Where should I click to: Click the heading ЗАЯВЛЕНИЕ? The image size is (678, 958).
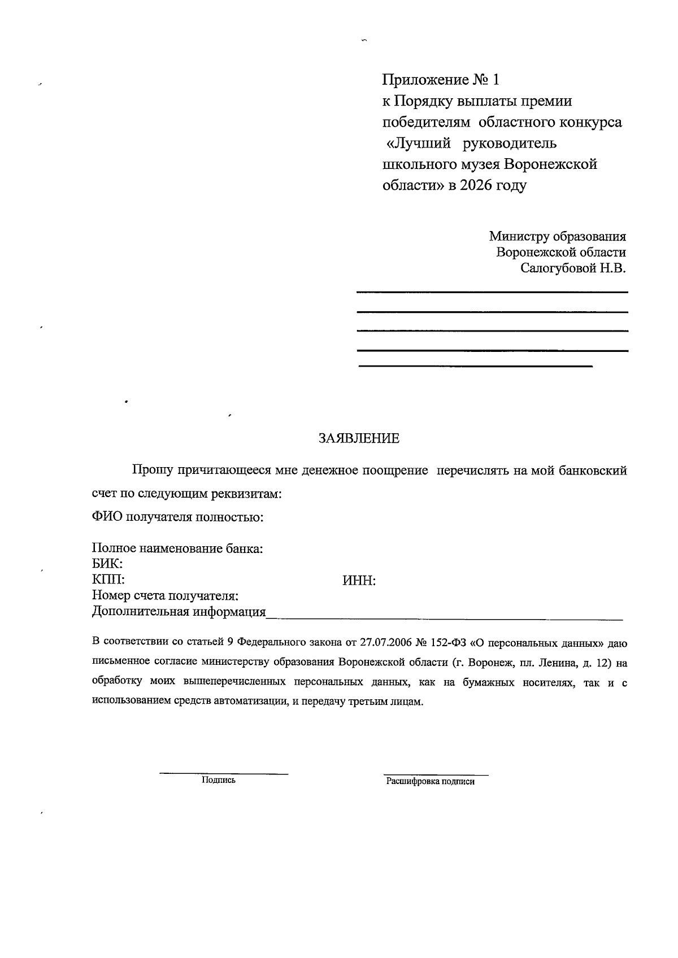(359, 438)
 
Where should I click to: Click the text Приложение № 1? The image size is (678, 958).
(441, 80)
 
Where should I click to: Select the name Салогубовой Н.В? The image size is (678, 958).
(573, 268)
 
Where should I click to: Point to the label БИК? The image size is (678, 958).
(107, 564)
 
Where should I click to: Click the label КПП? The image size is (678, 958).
(108, 580)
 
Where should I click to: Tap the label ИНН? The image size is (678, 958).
(359, 581)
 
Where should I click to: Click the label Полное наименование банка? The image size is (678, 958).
(178, 548)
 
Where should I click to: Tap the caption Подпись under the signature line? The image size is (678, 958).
(218, 780)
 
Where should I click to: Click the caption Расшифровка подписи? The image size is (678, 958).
(431, 782)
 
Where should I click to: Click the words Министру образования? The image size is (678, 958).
(557, 236)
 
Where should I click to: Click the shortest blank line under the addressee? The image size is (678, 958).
(475, 367)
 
